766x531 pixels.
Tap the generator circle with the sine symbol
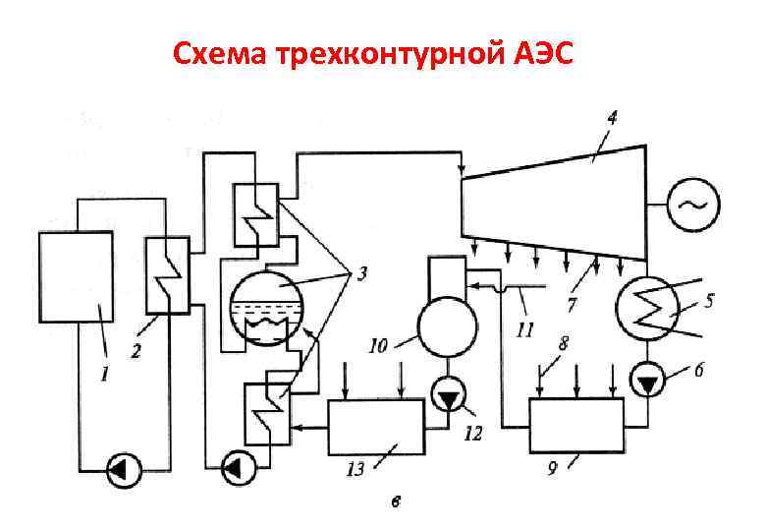[x=693, y=205]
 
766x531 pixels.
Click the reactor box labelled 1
[x=75, y=279]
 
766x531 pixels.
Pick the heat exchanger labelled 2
[x=165, y=275]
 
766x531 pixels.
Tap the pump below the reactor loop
[x=123, y=470]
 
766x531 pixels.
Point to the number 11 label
[x=526, y=327]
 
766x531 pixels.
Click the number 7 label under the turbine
[x=572, y=305]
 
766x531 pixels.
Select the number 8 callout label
[x=563, y=343]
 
